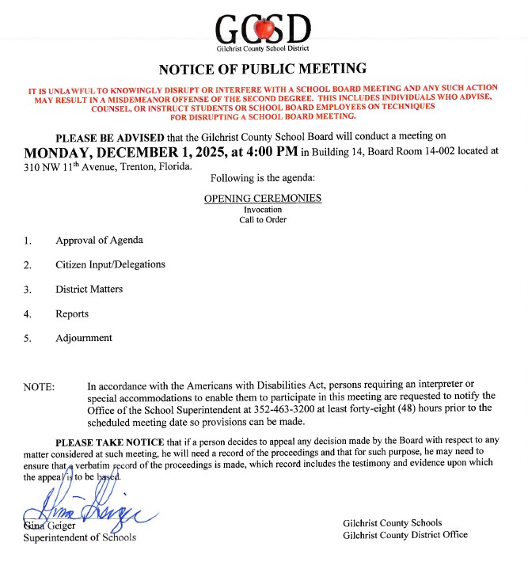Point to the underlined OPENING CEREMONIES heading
pyautogui.click(x=263, y=198)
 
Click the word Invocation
pyautogui.click(x=263, y=210)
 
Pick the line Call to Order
pyautogui.click(x=263, y=219)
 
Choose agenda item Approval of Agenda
pyautogui.click(x=99, y=240)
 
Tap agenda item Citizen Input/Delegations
pyautogui.click(x=110, y=264)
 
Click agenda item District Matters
pyautogui.click(x=89, y=289)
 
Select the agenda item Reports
pyautogui.click(x=72, y=313)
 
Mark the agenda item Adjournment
pyautogui.click(x=84, y=338)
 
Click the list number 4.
pyautogui.click(x=28, y=314)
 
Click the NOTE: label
pyautogui.click(x=39, y=387)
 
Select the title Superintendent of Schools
pyautogui.click(x=80, y=537)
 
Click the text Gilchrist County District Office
pyautogui.click(x=405, y=534)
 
